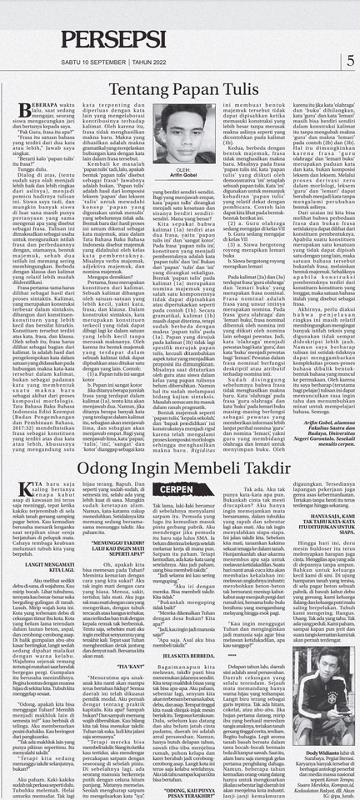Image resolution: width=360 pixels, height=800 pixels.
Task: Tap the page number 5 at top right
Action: click(350, 60)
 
